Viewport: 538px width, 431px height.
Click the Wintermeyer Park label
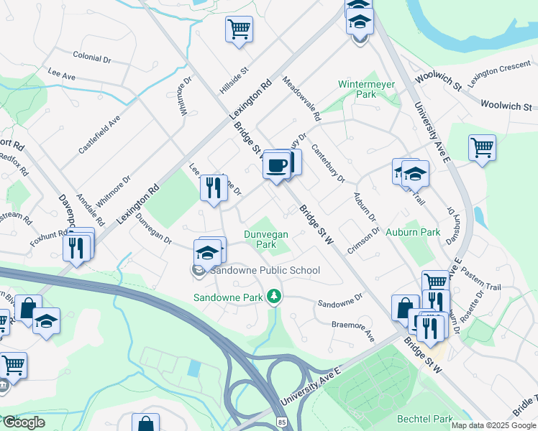tap(367, 89)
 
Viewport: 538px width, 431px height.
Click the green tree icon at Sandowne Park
tap(273, 296)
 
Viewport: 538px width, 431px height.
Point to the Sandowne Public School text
tap(265, 271)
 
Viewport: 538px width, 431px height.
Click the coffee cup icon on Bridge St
tap(276, 167)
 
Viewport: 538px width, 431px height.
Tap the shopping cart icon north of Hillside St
tap(239, 29)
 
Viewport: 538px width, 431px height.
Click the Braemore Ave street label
tap(353, 330)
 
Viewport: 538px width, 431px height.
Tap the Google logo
tap(24, 422)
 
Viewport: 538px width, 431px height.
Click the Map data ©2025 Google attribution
tap(494, 425)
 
